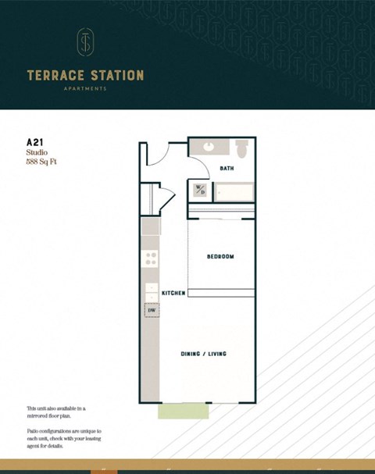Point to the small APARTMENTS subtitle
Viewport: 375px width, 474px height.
pos(85,89)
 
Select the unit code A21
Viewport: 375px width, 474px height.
pos(34,142)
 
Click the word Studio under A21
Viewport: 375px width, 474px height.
pos(37,153)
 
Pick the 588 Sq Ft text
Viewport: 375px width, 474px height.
pos(42,162)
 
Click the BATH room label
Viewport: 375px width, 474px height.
pos(227,168)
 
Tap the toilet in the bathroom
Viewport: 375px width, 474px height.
pos(241,147)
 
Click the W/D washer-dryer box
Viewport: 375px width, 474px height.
pos(200,190)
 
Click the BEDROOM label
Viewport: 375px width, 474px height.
pos(220,256)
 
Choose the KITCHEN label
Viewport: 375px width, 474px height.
pos(173,293)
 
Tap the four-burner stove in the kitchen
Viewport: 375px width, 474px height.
pos(151,258)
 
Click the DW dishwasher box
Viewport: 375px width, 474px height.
pos(152,310)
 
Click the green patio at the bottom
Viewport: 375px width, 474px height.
pos(184,411)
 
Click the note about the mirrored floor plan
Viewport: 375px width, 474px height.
pos(56,412)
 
